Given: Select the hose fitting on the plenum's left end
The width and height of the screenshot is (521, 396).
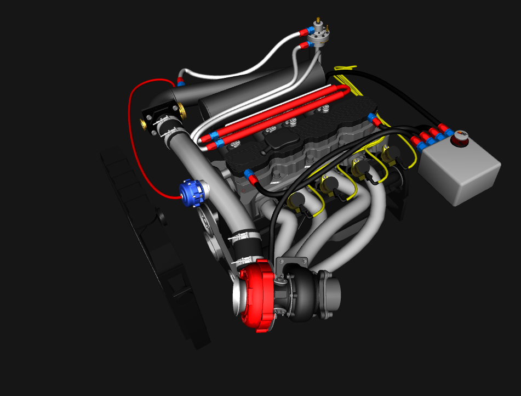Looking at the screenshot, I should (x=180, y=83).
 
